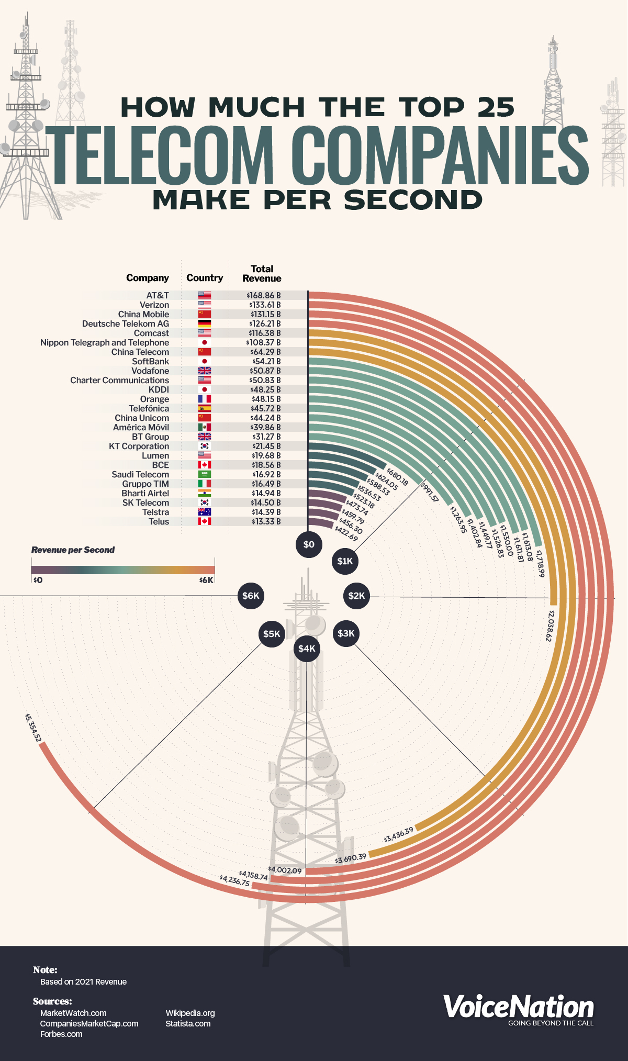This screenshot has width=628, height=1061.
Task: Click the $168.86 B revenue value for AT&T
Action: tap(264, 295)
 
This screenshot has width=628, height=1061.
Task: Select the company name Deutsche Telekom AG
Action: tap(126, 323)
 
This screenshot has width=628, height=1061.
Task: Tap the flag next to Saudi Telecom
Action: tap(205, 474)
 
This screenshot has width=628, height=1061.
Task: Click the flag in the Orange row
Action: tap(205, 399)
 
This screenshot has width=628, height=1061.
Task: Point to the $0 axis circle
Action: tap(309, 544)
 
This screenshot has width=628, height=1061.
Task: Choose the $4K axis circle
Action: tap(307, 649)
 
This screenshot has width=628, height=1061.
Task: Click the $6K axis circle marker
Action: tap(251, 596)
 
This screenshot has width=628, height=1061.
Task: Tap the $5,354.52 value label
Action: tap(32, 727)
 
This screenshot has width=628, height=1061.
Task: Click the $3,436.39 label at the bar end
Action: tap(399, 834)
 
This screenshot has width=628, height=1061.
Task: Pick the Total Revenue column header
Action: tap(262, 273)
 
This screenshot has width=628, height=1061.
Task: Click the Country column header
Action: tap(205, 278)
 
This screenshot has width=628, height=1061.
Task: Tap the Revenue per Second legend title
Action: tap(73, 550)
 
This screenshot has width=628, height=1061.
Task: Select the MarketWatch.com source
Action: tap(73, 1013)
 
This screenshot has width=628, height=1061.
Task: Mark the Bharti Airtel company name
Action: tap(145, 493)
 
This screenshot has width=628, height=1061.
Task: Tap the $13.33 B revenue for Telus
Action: tap(264, 521)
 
